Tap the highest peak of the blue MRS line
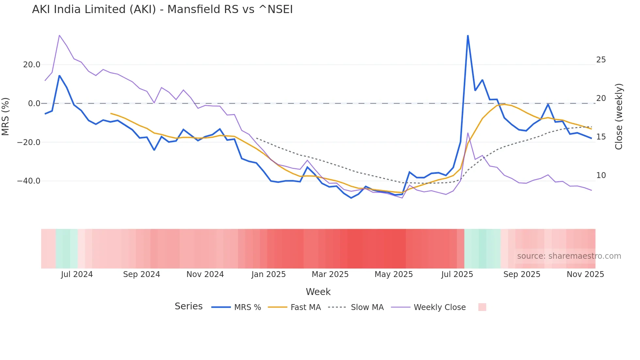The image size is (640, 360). [x=468, y=36]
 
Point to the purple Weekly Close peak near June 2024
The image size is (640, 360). [x=59, y=35]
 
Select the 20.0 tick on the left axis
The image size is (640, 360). [x=32, y=65]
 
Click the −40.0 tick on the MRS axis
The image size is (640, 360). [x=29, y=181]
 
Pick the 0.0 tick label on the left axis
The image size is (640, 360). [x=34, y=104]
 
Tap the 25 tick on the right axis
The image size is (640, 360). [x=601, y=60]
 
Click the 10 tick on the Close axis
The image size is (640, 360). [x=601, y=175]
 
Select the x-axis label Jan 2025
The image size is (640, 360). [x=268, y=274]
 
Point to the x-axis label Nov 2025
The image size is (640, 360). [x=585, y=274]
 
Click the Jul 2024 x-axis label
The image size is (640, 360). [x=77, y=274]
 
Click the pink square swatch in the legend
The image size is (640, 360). [x=482, y=307]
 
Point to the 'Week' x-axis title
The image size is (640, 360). [x=318, y=292]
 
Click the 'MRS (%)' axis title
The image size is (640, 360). [x=5, y=116]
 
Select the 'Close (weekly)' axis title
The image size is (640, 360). [x=619, y=116]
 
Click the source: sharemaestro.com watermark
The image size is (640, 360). [x=569, y=256]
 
